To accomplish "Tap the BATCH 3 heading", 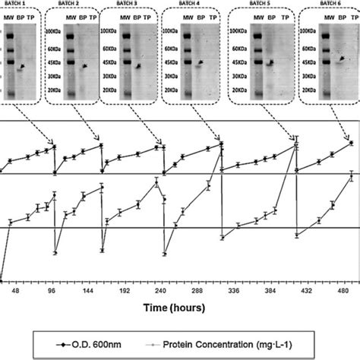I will point(132,5).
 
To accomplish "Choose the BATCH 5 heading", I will point(262,5).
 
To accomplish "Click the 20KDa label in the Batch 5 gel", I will point(238,91).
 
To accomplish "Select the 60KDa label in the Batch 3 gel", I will point(112,47).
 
